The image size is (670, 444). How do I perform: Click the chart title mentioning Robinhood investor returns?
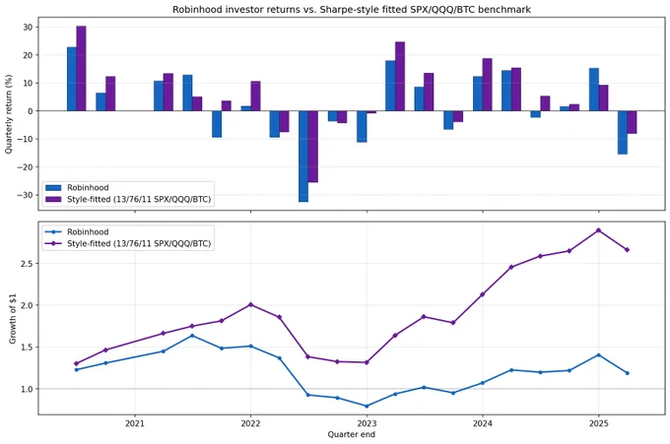351,10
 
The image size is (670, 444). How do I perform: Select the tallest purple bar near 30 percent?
81,68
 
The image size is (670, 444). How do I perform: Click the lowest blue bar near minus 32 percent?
303,157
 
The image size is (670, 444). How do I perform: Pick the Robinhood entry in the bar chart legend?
77,187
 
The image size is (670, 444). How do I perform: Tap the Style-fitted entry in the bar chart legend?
128,200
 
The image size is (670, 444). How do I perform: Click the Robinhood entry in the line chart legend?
77,231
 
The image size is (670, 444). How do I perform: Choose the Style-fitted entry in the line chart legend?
128,244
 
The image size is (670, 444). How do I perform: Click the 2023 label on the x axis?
367,423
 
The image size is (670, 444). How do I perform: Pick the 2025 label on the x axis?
599,423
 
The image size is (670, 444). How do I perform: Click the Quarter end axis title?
351,434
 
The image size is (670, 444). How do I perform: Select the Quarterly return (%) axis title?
9,114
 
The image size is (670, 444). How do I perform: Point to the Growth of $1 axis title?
13,319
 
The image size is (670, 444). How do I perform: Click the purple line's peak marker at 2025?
599,230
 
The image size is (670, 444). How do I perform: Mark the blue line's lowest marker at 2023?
367,406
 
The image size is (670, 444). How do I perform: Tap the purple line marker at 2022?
251,304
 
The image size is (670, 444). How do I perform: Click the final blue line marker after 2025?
628,373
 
